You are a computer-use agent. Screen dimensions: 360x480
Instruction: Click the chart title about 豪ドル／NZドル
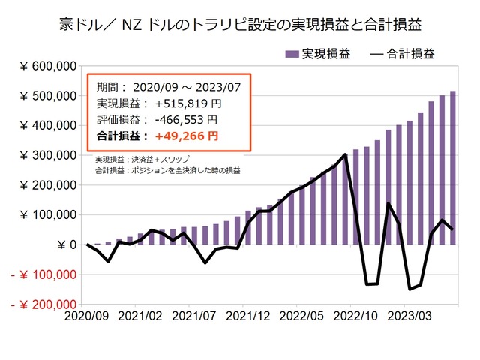pyautogui.click(x=240, y=24)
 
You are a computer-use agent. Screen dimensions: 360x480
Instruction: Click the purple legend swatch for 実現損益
pyautogui.click(x=292, y=54)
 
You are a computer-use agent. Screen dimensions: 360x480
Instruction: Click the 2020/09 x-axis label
pyautogui.click(x=86, y=318)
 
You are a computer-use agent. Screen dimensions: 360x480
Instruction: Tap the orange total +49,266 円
pyautogui.click(x=187, y=136)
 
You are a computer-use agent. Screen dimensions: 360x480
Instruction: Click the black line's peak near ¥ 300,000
pyautogui.click(x=345, y=155)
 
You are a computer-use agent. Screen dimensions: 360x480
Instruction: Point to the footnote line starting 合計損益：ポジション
pyautogui.click(x=168, y=170)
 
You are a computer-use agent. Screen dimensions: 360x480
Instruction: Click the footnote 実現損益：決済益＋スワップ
pyautogui.click(x=142, y=160)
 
